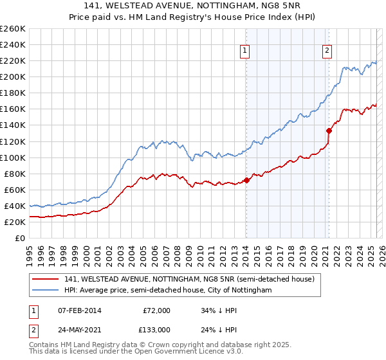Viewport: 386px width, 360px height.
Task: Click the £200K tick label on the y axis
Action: pyautogui.click(x=13, y=76)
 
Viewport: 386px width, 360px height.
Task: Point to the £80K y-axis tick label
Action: pyautogui.click(x=15, y=174)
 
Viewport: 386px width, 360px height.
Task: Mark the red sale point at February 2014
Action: pyautogui.click(x=246, y=180)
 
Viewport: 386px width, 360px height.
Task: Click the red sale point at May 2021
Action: pyautogui.click(x=329, y=130)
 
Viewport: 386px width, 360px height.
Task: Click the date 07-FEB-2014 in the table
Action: pyautogui.click(x=80, y=310)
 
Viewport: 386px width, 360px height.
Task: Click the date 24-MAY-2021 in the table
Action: pyautogui.click(x=80, y=329)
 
